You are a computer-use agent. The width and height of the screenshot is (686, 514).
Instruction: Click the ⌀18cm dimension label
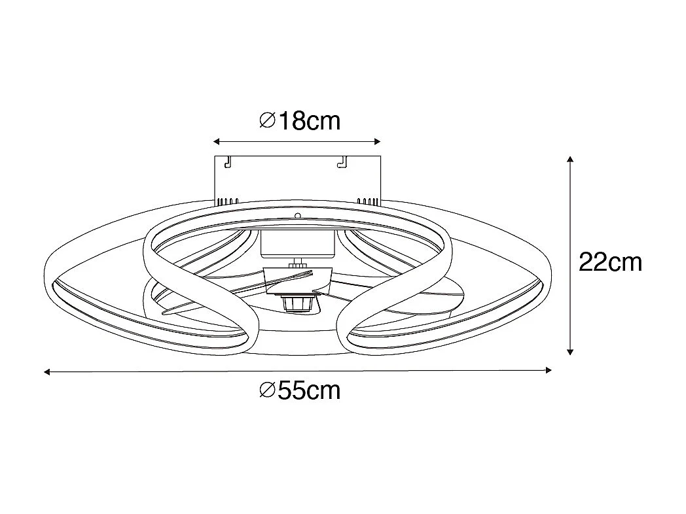tap(300, 121)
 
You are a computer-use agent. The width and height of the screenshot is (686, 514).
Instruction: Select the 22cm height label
tap(610, 262)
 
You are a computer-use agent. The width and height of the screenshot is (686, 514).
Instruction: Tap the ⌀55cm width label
tap(300, 390)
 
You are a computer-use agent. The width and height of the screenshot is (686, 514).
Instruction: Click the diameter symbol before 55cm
tap(266, 390)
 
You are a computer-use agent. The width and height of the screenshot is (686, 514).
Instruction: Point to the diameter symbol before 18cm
tap(266, 121)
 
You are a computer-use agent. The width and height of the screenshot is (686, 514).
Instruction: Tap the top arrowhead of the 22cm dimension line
tap(571, 160)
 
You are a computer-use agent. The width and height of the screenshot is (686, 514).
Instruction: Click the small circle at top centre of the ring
tap(298, 215)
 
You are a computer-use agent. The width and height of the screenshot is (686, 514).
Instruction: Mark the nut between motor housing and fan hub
tap(298, 264)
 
